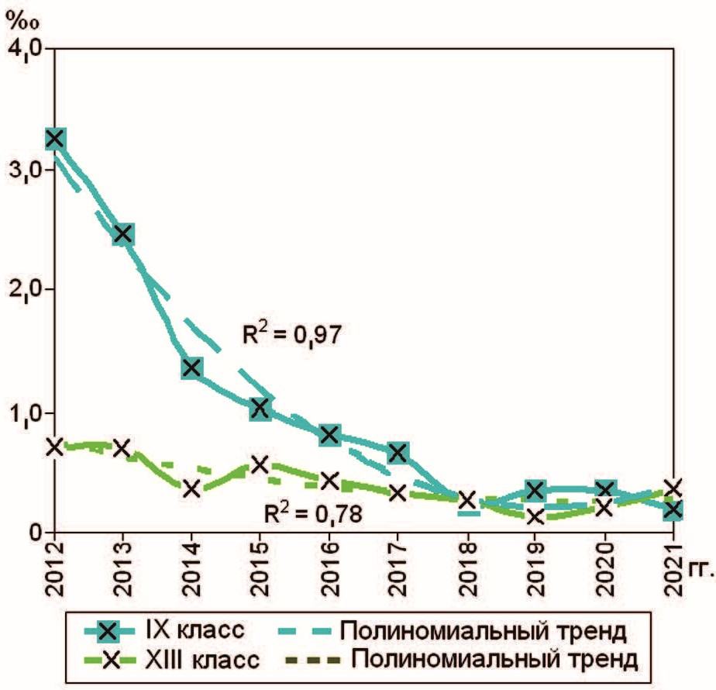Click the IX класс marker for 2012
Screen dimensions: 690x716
54,139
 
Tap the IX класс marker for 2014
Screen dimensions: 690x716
192,367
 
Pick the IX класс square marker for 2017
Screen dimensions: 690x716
398,453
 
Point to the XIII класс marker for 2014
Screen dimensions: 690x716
192,488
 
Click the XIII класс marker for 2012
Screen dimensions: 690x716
54,446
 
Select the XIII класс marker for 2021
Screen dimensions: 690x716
673,488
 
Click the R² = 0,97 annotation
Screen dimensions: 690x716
287,335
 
